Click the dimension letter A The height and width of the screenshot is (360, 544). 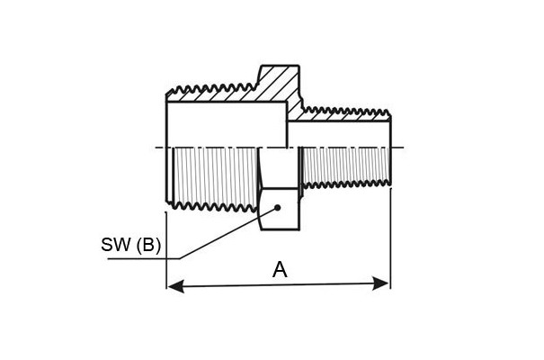tap(280, 270)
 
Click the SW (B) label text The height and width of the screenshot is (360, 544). tap(130, 245)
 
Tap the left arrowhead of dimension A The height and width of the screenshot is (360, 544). tap(175, 287)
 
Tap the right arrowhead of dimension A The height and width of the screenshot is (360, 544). tap(380, 283)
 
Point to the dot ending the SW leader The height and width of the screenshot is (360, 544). tap(277, 208)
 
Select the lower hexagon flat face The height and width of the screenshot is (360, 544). tap(280, 209)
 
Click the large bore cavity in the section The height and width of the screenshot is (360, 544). tap(227, 124)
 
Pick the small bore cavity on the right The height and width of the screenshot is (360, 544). tap(339, 135)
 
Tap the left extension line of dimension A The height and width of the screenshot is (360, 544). tap(166, 250)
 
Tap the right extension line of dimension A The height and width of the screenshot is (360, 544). tap(390, 238)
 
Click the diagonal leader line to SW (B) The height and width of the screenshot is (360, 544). tap(228, 233)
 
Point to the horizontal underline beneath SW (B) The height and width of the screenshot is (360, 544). tap(144, 258)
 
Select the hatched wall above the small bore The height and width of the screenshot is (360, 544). tap(347, 115)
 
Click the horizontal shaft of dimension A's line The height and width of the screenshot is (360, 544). tap(278, 285)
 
